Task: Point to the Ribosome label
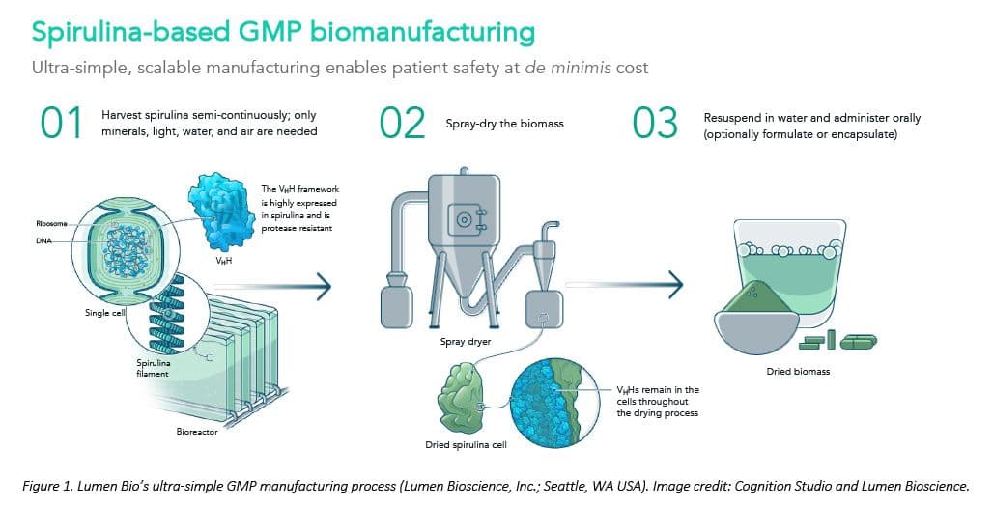[x=50, y=224]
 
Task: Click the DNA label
[x=43, y=242]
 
